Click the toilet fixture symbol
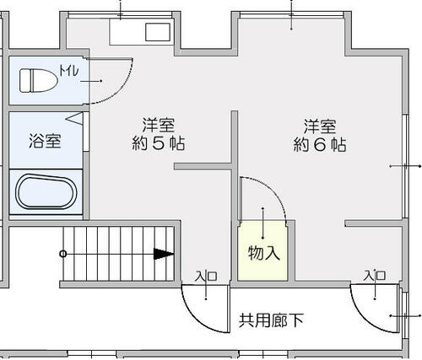pos(39,81)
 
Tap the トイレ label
pos(68,71)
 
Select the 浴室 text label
pos(45,141)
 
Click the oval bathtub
pos(46,191)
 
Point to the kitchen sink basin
pos(158,32)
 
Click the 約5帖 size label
pos(159,144)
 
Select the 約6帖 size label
pos(320,144)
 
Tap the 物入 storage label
pos(264,253)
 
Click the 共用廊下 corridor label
pos(271,320)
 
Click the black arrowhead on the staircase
pos(163,254)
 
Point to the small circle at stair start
pos(63,254)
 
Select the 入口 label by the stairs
pos(206,276)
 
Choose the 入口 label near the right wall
pos(375,275)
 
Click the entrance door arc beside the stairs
pos(196,319)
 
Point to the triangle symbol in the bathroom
pos(74,118)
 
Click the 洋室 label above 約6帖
pos(320,126)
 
